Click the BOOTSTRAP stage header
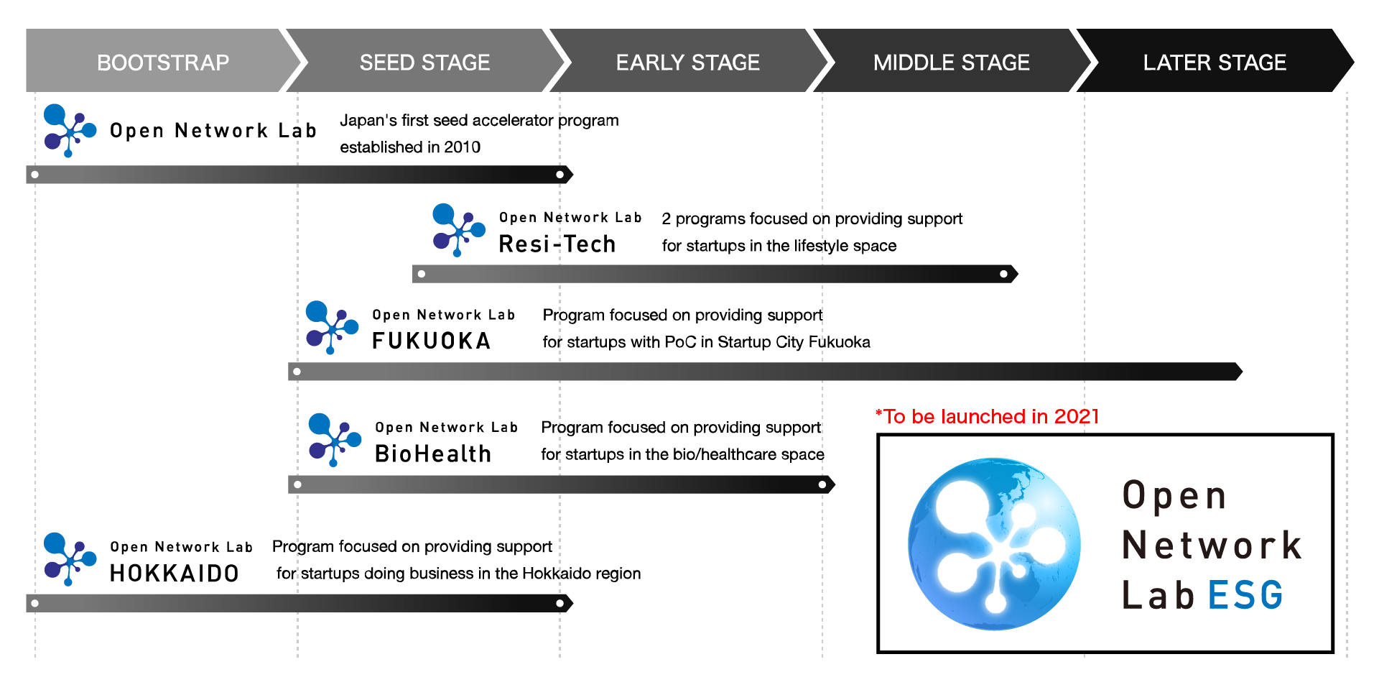[x=163, y=63]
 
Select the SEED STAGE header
[x=425, y=63]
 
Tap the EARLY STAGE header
[x=688, y=63]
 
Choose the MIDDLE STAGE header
[x=952, y=63]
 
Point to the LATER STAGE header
[x=1215, y=63]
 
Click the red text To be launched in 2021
[x=988, y=416]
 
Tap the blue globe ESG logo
[x=994, y=544]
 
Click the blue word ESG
[x=1245, y=595]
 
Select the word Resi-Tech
[x=557, y=244]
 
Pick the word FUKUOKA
[x=432, y=341]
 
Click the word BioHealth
[x=433, y=454]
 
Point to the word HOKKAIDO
[x=175, y=573]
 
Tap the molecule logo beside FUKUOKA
[x=332, y=328]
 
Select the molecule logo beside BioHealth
[x=335, y=440]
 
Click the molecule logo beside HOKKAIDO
[x=70, y=559]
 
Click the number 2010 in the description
[x=463, y=147]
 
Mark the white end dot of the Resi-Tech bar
[x=1003, y=274]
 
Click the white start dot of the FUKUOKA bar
[x=297, y=372]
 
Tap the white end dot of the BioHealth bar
[x=822, y=484]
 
